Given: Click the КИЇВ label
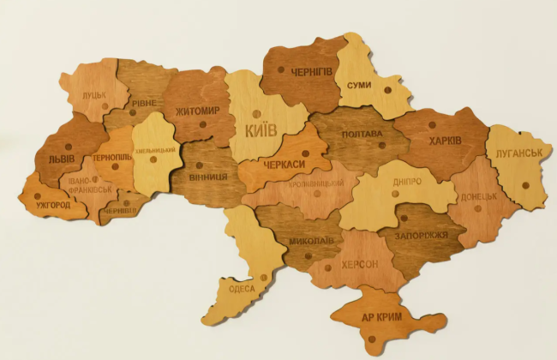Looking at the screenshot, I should click(x=261, y=131).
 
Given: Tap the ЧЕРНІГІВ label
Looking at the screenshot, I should click(x=311, y=70).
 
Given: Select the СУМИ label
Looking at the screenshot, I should click(x=359, y=85).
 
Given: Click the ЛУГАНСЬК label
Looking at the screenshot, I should click(x=517, y=153).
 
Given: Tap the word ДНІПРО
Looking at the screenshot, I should click(x=407, y=183).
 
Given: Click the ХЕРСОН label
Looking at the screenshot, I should click(x=360, y=264).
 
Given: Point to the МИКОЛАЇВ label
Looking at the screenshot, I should click(x=311, y=241).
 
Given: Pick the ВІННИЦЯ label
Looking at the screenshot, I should click(x=207, y=176).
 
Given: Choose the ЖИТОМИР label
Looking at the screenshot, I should click(x=198, y=111).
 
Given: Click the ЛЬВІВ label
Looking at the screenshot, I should click(x=61, y=159).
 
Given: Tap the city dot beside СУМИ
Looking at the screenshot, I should click(x=388, y=88).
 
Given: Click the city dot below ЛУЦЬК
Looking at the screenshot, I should click(x=105, y=107).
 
